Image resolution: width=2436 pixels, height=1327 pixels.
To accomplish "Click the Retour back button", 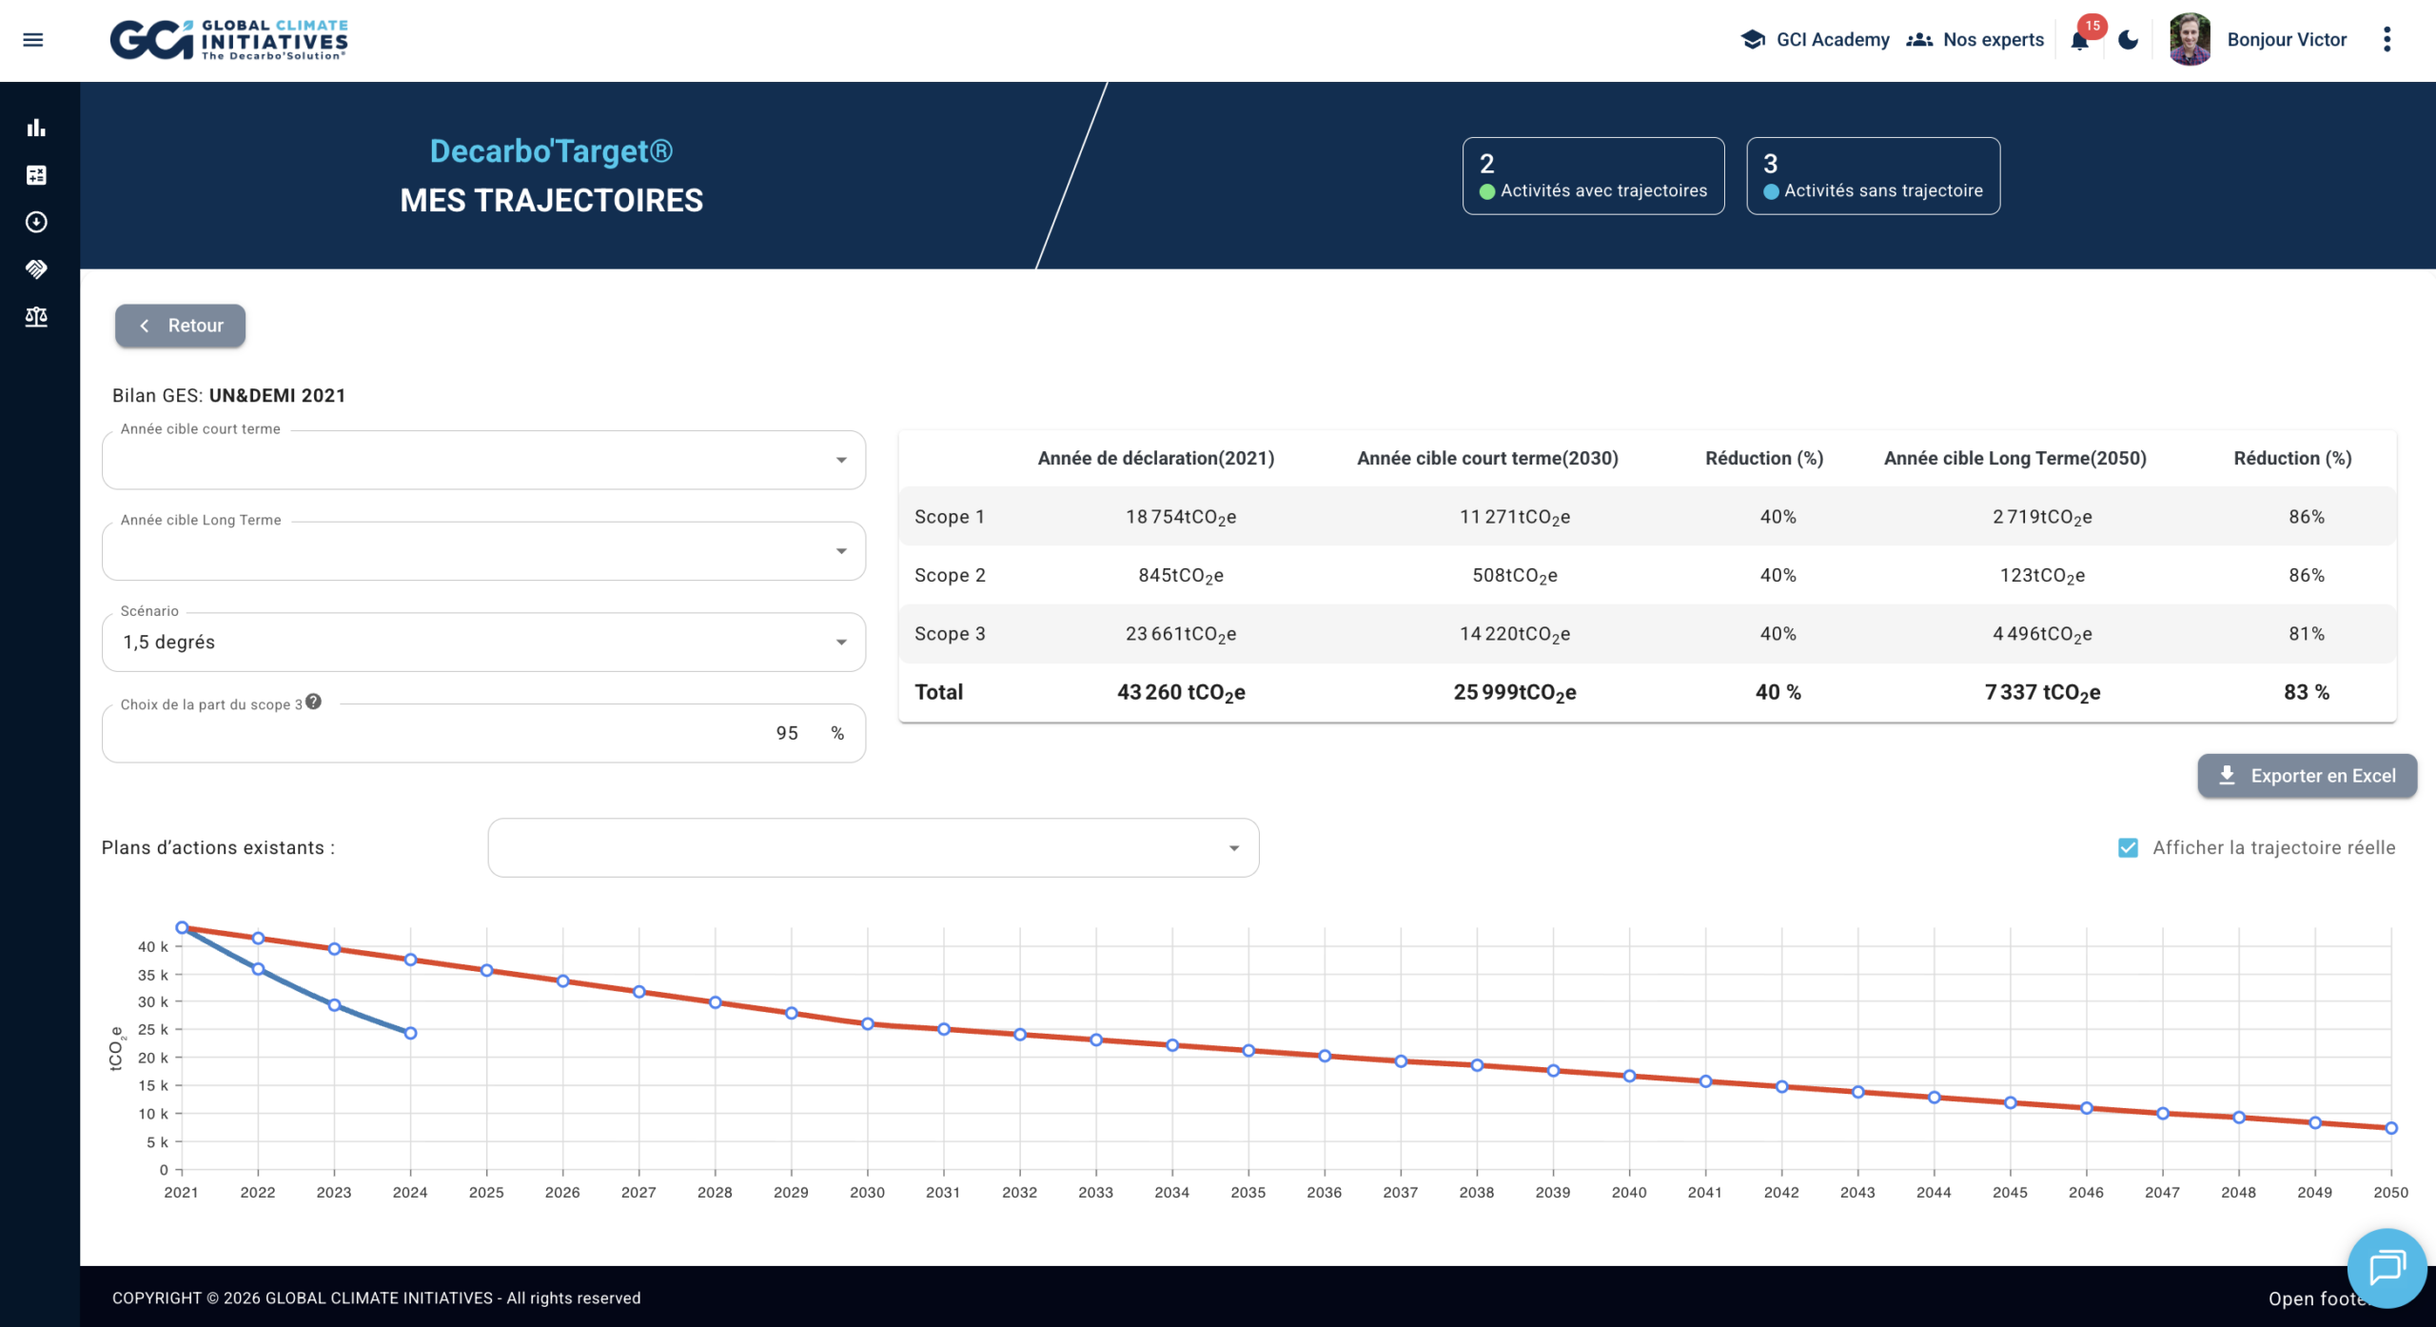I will click(x=181, y=326).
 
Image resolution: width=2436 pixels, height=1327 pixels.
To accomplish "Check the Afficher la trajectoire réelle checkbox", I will click(x=2128, y=847).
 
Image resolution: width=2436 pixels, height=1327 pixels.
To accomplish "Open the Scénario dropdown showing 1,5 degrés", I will click(x=483, y=643).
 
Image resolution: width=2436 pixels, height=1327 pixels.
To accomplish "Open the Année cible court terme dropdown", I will click(x=483, y=461).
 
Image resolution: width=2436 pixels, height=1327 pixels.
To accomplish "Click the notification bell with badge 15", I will click(x=2080, y=40).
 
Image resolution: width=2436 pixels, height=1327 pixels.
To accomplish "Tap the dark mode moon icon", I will click(x=2129, y=40).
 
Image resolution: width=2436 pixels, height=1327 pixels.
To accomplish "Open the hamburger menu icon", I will click(x=33, y=40).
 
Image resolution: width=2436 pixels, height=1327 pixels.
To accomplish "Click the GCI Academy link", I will click(x=1816, y=40).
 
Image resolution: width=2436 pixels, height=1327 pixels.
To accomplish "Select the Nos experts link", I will click(x=1975, y=40).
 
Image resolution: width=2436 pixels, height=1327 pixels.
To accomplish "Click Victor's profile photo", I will click(x=2190, y=40).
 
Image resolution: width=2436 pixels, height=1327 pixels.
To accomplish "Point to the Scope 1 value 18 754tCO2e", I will click(x=1180, y=517).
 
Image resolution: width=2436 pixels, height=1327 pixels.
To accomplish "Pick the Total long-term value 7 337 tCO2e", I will click(x=2042, y=692).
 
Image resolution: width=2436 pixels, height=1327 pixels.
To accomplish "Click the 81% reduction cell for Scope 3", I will click(x=2306, y=634).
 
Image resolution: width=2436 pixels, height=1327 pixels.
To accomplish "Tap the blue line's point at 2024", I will click(x=410, y=1033).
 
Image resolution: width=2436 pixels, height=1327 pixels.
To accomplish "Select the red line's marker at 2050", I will click(x=2390, y=1128).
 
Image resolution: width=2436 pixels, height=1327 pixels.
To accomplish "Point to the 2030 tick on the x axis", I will click(x=867, y=1192).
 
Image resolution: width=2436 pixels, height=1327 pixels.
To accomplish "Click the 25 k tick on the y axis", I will click(x=153, y=1029).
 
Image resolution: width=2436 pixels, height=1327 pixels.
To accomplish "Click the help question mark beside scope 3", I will click(x=313, y=702).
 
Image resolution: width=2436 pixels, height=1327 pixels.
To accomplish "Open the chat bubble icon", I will click(x=2387, y=1268).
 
